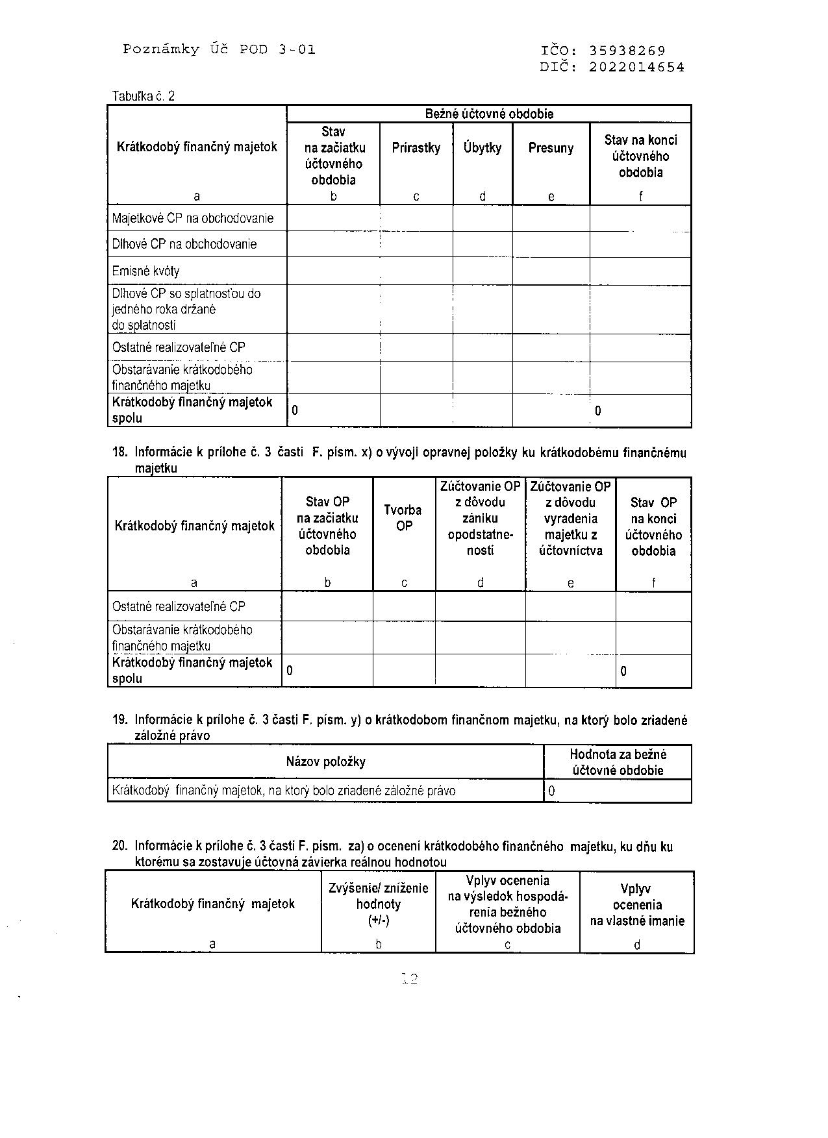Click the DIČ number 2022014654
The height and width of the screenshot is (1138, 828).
coord(636,67)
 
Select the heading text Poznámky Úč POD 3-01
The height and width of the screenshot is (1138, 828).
coord(219,49)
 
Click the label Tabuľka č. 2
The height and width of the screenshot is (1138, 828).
coord(144,96)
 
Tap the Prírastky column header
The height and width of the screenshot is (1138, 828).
coord(416,148)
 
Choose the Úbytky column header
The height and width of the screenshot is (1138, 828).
coord(483,148)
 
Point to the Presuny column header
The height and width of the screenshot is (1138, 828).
coord(551,148)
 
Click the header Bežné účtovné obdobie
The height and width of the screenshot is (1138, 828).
coord(488,114)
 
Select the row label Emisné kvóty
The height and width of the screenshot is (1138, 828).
coord(145,271)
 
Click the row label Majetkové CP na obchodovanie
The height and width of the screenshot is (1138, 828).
coord(193,218)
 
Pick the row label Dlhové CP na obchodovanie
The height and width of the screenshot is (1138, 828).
coord(184,244)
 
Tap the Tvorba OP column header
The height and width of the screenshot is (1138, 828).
coord(403,518)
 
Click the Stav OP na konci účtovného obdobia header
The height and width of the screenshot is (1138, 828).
coord(653,526)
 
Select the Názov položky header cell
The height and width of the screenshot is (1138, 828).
coord(325,761)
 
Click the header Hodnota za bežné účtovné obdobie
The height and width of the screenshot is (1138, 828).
coord(618,762)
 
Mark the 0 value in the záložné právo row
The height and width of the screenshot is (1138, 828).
coord(552,791)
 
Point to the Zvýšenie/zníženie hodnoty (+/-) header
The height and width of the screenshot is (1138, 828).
coord(379,904)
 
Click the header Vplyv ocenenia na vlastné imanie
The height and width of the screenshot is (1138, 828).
coord(636,905)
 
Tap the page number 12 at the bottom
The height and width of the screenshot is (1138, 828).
coord(410,979)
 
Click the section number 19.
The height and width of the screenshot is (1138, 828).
coord(120,719)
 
